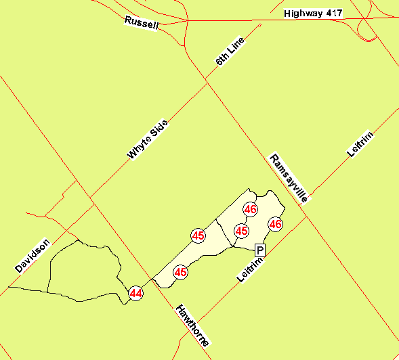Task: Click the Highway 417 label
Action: (x=314, y=14)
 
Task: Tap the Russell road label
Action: (x=142, y=22)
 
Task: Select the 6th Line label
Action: (x=230, y=51)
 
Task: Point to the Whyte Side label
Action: (x=147, y=139)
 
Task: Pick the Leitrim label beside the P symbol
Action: (x=249, y=268)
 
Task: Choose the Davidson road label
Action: (x=33, y=255)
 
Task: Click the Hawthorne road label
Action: (x=191, y=325)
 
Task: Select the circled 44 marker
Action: (x=136, y=293)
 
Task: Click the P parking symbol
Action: (x=259, y=250)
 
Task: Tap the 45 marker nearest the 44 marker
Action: (x=180, y=272)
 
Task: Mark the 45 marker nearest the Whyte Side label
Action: (x=198, y=235)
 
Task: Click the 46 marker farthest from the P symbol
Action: (x=251, y=209)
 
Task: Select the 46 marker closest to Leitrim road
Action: (x=275, y=224)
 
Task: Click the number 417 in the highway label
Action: (x=333, y=14)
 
